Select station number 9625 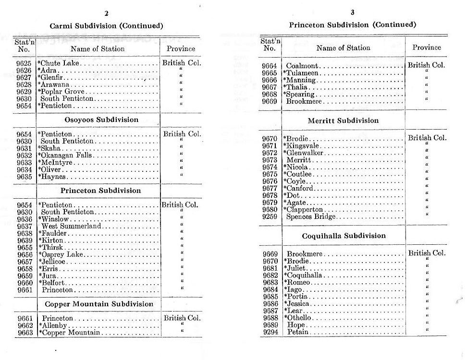[x=24, y=63]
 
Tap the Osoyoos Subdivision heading [x=101, y=120]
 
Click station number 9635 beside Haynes [x=24, y=176]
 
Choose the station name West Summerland [x=71, y=226]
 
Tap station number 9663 [x=24, y=333]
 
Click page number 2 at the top [x=106, y=13]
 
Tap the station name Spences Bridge [x=311, y=216]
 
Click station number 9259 [x=270, y=216]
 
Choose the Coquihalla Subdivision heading [x=344, y=236]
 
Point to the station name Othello [x=299, y=318]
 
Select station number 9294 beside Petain [x=270, y=332]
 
